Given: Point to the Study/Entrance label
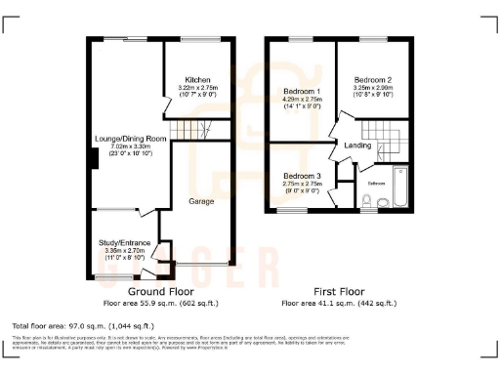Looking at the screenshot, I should point(122,240).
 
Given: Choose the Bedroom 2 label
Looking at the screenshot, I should point(373,80).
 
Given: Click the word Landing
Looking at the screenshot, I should point(358,146).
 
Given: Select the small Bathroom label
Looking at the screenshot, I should point(377,183).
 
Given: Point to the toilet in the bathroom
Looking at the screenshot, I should point(365,201).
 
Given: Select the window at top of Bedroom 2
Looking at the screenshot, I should point(373,39).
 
